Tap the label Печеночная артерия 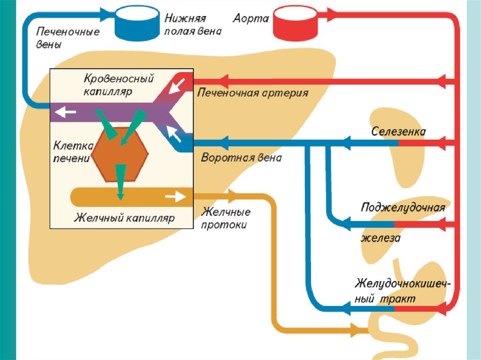click(253, 92)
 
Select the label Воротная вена click(241, 158)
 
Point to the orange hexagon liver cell click(120, 154)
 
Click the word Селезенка click(399, 131)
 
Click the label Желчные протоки click(225, 219)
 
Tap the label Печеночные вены click(68, 38)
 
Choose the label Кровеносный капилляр click(119, 84)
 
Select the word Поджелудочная click(403, 207)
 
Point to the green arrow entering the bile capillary click(120, 181)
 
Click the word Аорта click(251, 19)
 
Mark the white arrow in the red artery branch click(178, 86)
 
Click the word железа click(380, 238)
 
